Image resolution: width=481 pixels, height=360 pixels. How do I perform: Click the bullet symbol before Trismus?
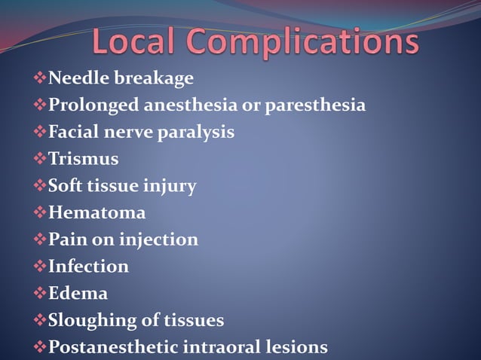click(x=40, y=159)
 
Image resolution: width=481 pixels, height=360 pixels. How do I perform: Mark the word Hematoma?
click(x=97, y=213)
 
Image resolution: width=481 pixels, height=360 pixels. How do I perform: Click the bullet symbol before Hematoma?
click(x=40, y=213)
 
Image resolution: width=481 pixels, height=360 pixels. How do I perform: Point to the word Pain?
click(x=65, y=239)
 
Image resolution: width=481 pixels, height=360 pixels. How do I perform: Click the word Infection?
click(x=88, y=267)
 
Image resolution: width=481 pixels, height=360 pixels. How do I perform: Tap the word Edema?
click(x=78, y=293)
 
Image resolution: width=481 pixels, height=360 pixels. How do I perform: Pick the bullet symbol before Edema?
click(x=40, y=293)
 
